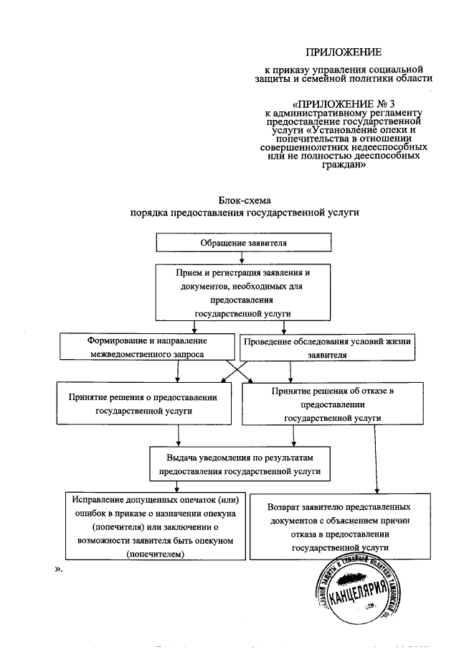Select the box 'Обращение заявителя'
pyautogui.click(x=243, y=243)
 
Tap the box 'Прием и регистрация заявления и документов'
pyautogui.click(x=243, y=293)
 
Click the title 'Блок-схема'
pyautogui.click(x=245, y=200)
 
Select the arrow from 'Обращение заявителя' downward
pyautogui.click(x=243, y=258)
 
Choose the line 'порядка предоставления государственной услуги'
pyautogui.click(x=245, y=213)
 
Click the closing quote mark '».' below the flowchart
pyautogui.click(x=60, y=568)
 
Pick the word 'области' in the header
pyautogui.click(x=415, y=78)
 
